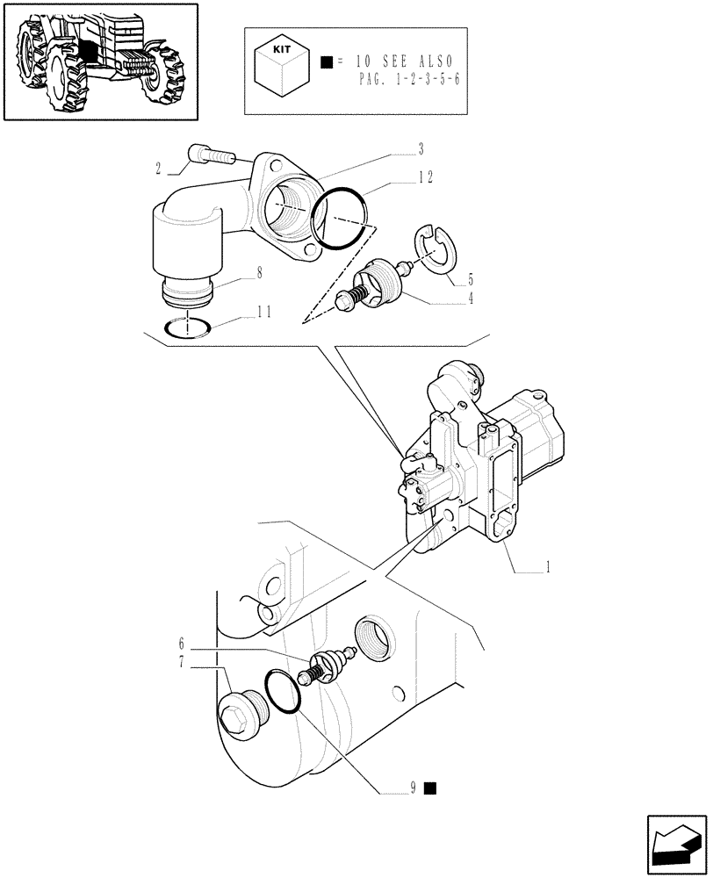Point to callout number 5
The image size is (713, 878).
tap(470, 280)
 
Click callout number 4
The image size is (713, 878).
tap(470, 298)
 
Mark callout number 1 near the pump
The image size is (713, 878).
tap(547, 568)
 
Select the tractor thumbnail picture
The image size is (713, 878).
tap(99, 61)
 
